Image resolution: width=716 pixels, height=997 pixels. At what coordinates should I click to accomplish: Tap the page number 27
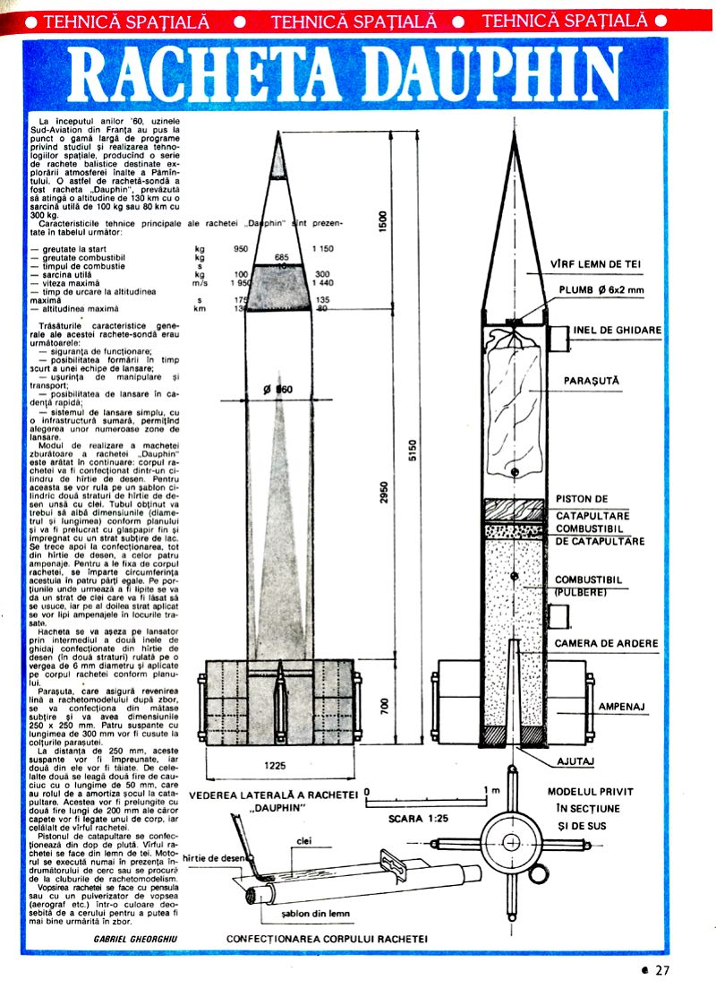[x=661, y=969]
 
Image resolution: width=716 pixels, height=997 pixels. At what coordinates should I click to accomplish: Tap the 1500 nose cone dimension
[x=384, y=220]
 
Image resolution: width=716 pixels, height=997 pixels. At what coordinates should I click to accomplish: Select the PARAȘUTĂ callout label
[x=592, y=380]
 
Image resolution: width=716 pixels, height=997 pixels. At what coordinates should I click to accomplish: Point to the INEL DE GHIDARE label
[x=618, y=330]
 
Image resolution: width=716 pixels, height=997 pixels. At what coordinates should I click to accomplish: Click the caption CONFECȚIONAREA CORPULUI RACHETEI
[x=327, y=938]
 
